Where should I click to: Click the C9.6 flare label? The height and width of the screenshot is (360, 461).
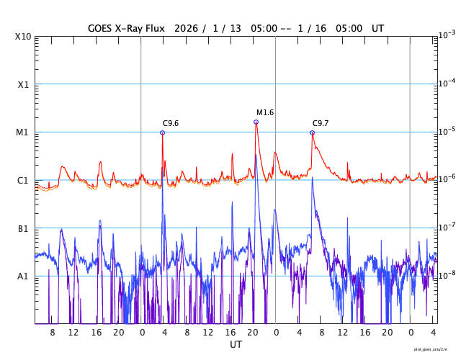(x=170, y=123)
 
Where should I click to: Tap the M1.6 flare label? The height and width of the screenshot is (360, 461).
(x=265, y=112)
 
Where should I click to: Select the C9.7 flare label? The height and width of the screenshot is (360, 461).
(x=321, y=123)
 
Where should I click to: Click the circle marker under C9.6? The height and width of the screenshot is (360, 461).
(x=162, y=132)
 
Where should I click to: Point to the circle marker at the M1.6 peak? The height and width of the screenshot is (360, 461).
(x=256, y=122)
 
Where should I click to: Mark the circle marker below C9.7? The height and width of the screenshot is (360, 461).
(x=312, y=132)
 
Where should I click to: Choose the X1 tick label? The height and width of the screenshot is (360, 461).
(x=22, y=84)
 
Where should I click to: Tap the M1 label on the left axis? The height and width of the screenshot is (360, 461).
(x=22, y=132)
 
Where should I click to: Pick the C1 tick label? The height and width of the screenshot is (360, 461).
(x=22, y=180)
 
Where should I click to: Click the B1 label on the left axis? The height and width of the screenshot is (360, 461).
(x=22, y=228)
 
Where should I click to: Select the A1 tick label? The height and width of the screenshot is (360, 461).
(x=22, y=276)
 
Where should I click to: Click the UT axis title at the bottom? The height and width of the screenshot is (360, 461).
(x=236, y=345)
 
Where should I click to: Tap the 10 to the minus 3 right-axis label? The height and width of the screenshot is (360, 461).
(x=446, y=35)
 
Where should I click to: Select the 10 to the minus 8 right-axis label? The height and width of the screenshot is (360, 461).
(x=446, y=275)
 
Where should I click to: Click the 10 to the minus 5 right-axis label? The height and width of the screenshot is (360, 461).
(x=446, y=131)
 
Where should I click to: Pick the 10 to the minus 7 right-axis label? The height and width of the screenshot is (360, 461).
(x=446, y=227)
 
